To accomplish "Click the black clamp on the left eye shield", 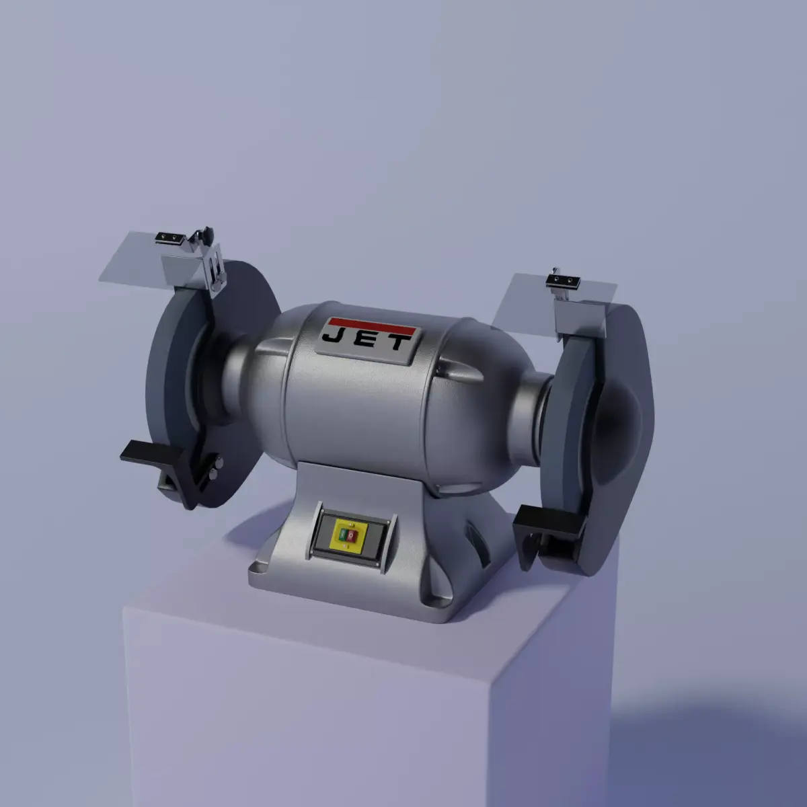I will [169, 237].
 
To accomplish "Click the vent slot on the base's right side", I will [479, 541].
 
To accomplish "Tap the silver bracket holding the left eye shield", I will [214, 269].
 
